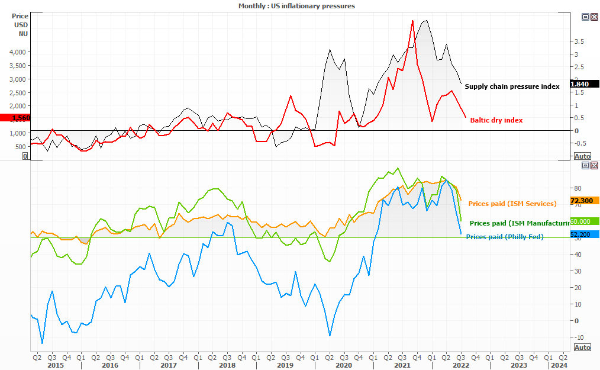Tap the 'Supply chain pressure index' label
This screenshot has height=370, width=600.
click(512, 86)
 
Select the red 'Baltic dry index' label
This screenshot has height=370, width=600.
click(496, 120)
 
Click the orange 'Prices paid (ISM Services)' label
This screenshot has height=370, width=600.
click(512, 204)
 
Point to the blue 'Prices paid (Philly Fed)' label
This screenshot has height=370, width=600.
click(505, 237)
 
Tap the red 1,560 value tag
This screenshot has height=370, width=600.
click(14, 118)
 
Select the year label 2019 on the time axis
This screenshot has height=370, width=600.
click(285, 365)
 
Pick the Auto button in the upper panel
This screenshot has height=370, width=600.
click(582, 156)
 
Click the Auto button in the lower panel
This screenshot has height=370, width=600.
click(582, 347)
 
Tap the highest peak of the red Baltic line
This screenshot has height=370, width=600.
click(412, 20)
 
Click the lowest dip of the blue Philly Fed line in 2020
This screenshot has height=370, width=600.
click(330, 336)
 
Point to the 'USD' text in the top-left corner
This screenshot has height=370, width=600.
click(21, 25)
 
